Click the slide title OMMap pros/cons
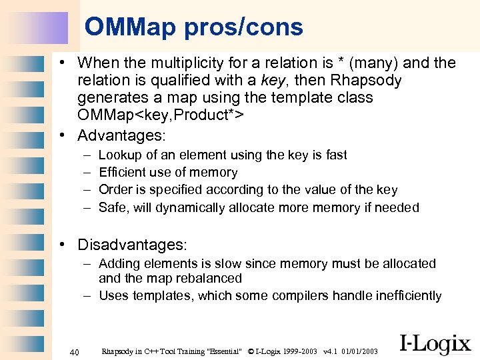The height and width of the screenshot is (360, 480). (193, 27)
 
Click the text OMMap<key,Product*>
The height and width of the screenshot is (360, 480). (160, 115)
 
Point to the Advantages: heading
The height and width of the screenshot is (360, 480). (121, 135)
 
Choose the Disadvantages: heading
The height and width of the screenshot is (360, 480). (132, 245)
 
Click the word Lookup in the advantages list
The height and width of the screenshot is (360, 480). (118, 155)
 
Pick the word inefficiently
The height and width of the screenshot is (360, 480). (403, 296)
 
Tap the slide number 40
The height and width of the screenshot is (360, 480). (75, 351)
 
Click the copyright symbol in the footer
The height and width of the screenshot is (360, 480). (251, 351)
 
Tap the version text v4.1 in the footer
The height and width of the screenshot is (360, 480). (329, 351)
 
